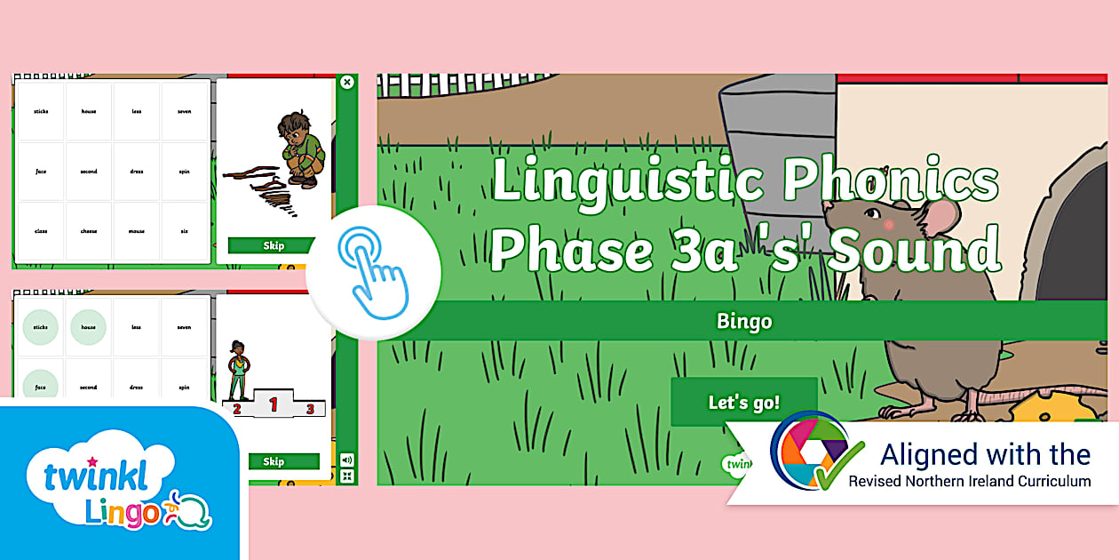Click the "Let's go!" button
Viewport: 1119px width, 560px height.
743,402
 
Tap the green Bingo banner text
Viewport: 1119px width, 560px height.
744,321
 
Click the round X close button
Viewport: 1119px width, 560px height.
347,82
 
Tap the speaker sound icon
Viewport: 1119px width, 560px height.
346,460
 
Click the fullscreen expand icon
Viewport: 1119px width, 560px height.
346,476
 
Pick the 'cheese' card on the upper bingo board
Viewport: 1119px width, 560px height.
89,231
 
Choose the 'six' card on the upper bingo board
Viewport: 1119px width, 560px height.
184,231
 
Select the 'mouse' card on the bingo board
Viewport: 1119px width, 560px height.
137,231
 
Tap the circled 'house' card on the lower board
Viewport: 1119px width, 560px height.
89,327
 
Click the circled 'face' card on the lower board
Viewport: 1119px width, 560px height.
41,387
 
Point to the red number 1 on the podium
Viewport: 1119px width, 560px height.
274,405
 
